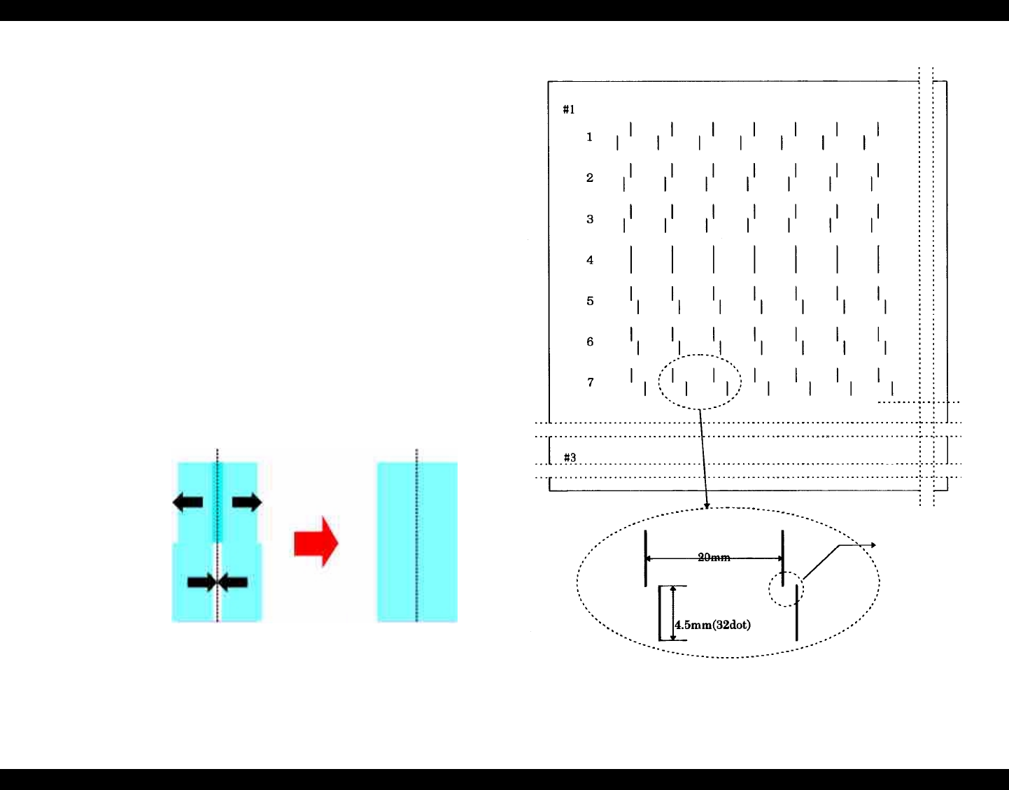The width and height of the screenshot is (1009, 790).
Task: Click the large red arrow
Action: pos(316,542)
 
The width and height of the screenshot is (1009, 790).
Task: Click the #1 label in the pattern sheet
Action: pos(569,109)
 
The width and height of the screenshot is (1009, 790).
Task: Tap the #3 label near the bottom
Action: pos(570,458)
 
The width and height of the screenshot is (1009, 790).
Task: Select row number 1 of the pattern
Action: pos(590,137)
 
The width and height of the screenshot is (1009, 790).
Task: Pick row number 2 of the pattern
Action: pos(590,178)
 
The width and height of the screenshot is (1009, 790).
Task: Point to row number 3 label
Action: pos(590,219)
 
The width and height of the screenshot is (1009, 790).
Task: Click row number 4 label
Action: pos(590,260)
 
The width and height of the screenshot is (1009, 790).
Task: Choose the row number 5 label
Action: pos(590,301)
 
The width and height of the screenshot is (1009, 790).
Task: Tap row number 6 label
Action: pos(590,341)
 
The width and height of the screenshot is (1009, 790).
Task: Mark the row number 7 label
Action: pos(590,382)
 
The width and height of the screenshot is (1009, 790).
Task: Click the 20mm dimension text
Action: pos(714,558)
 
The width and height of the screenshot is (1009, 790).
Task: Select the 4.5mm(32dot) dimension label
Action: pos(713,625)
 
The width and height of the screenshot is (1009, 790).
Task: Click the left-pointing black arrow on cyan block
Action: pos(188,502)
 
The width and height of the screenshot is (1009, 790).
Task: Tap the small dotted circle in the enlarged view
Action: pos(786,589)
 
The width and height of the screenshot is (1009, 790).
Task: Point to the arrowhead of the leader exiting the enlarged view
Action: pos(873,544)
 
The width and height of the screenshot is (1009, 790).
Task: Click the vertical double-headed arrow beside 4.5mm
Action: pos(673,613)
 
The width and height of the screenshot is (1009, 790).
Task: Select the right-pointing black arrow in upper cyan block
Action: pos(247,502)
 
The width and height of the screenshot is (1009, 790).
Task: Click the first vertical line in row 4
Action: pos(631,260)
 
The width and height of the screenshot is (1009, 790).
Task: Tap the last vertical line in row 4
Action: pos(878,260)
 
